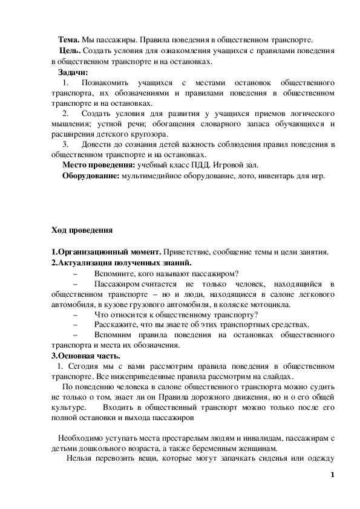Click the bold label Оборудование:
(91, 177)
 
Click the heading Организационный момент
(108, 252)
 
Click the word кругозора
(148, 134)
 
